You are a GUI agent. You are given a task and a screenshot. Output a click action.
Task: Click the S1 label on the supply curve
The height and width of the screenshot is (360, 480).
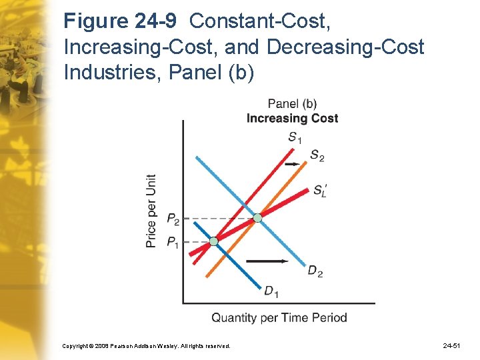295,138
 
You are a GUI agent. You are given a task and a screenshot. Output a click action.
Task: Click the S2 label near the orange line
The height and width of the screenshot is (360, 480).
317,156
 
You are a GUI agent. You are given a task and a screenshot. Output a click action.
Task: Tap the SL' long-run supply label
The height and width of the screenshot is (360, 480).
320,190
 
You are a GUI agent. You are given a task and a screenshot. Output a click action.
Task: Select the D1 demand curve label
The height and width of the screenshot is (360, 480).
271,291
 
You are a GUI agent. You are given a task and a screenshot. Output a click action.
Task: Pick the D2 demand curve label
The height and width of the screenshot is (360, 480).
315,271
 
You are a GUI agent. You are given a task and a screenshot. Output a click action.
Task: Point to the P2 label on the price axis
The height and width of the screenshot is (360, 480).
172,219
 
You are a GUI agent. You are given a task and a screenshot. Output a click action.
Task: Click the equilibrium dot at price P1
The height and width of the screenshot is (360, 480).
213,241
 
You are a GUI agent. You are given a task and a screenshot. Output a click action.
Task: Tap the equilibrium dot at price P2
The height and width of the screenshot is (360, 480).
257,218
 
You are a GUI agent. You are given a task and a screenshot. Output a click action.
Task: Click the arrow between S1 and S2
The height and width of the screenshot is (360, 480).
291,163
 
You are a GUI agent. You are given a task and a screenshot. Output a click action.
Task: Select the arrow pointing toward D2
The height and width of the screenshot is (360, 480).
268,261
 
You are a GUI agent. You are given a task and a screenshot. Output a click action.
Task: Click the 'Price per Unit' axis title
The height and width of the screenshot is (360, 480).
152,211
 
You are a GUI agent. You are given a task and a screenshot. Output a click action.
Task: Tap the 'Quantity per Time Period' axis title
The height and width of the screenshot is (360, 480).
279,317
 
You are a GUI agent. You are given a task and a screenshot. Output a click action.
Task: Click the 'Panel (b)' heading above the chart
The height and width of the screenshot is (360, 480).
292,103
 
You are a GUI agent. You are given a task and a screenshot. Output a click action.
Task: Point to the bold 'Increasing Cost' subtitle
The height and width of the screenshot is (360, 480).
292,118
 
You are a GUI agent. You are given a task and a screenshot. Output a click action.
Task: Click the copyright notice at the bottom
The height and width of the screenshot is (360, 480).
146,346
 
